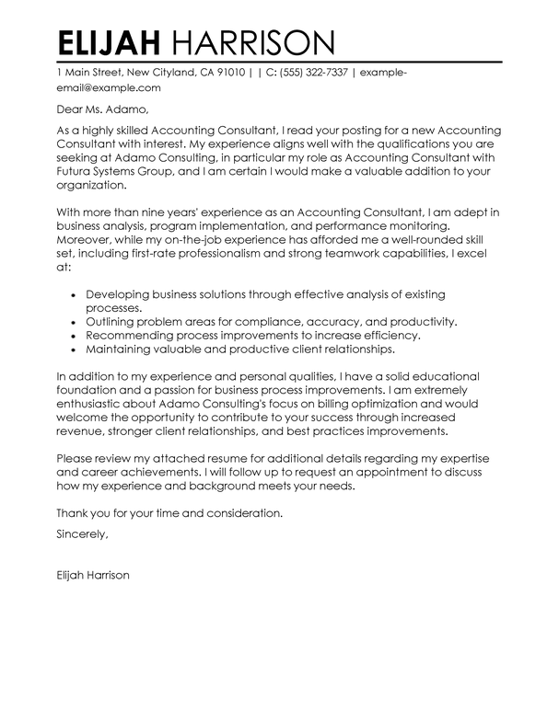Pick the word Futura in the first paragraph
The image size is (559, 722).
click(x=76, y=170)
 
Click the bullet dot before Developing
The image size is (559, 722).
click(x=72, y=293)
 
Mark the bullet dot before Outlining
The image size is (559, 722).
click(x=72, y=324)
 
